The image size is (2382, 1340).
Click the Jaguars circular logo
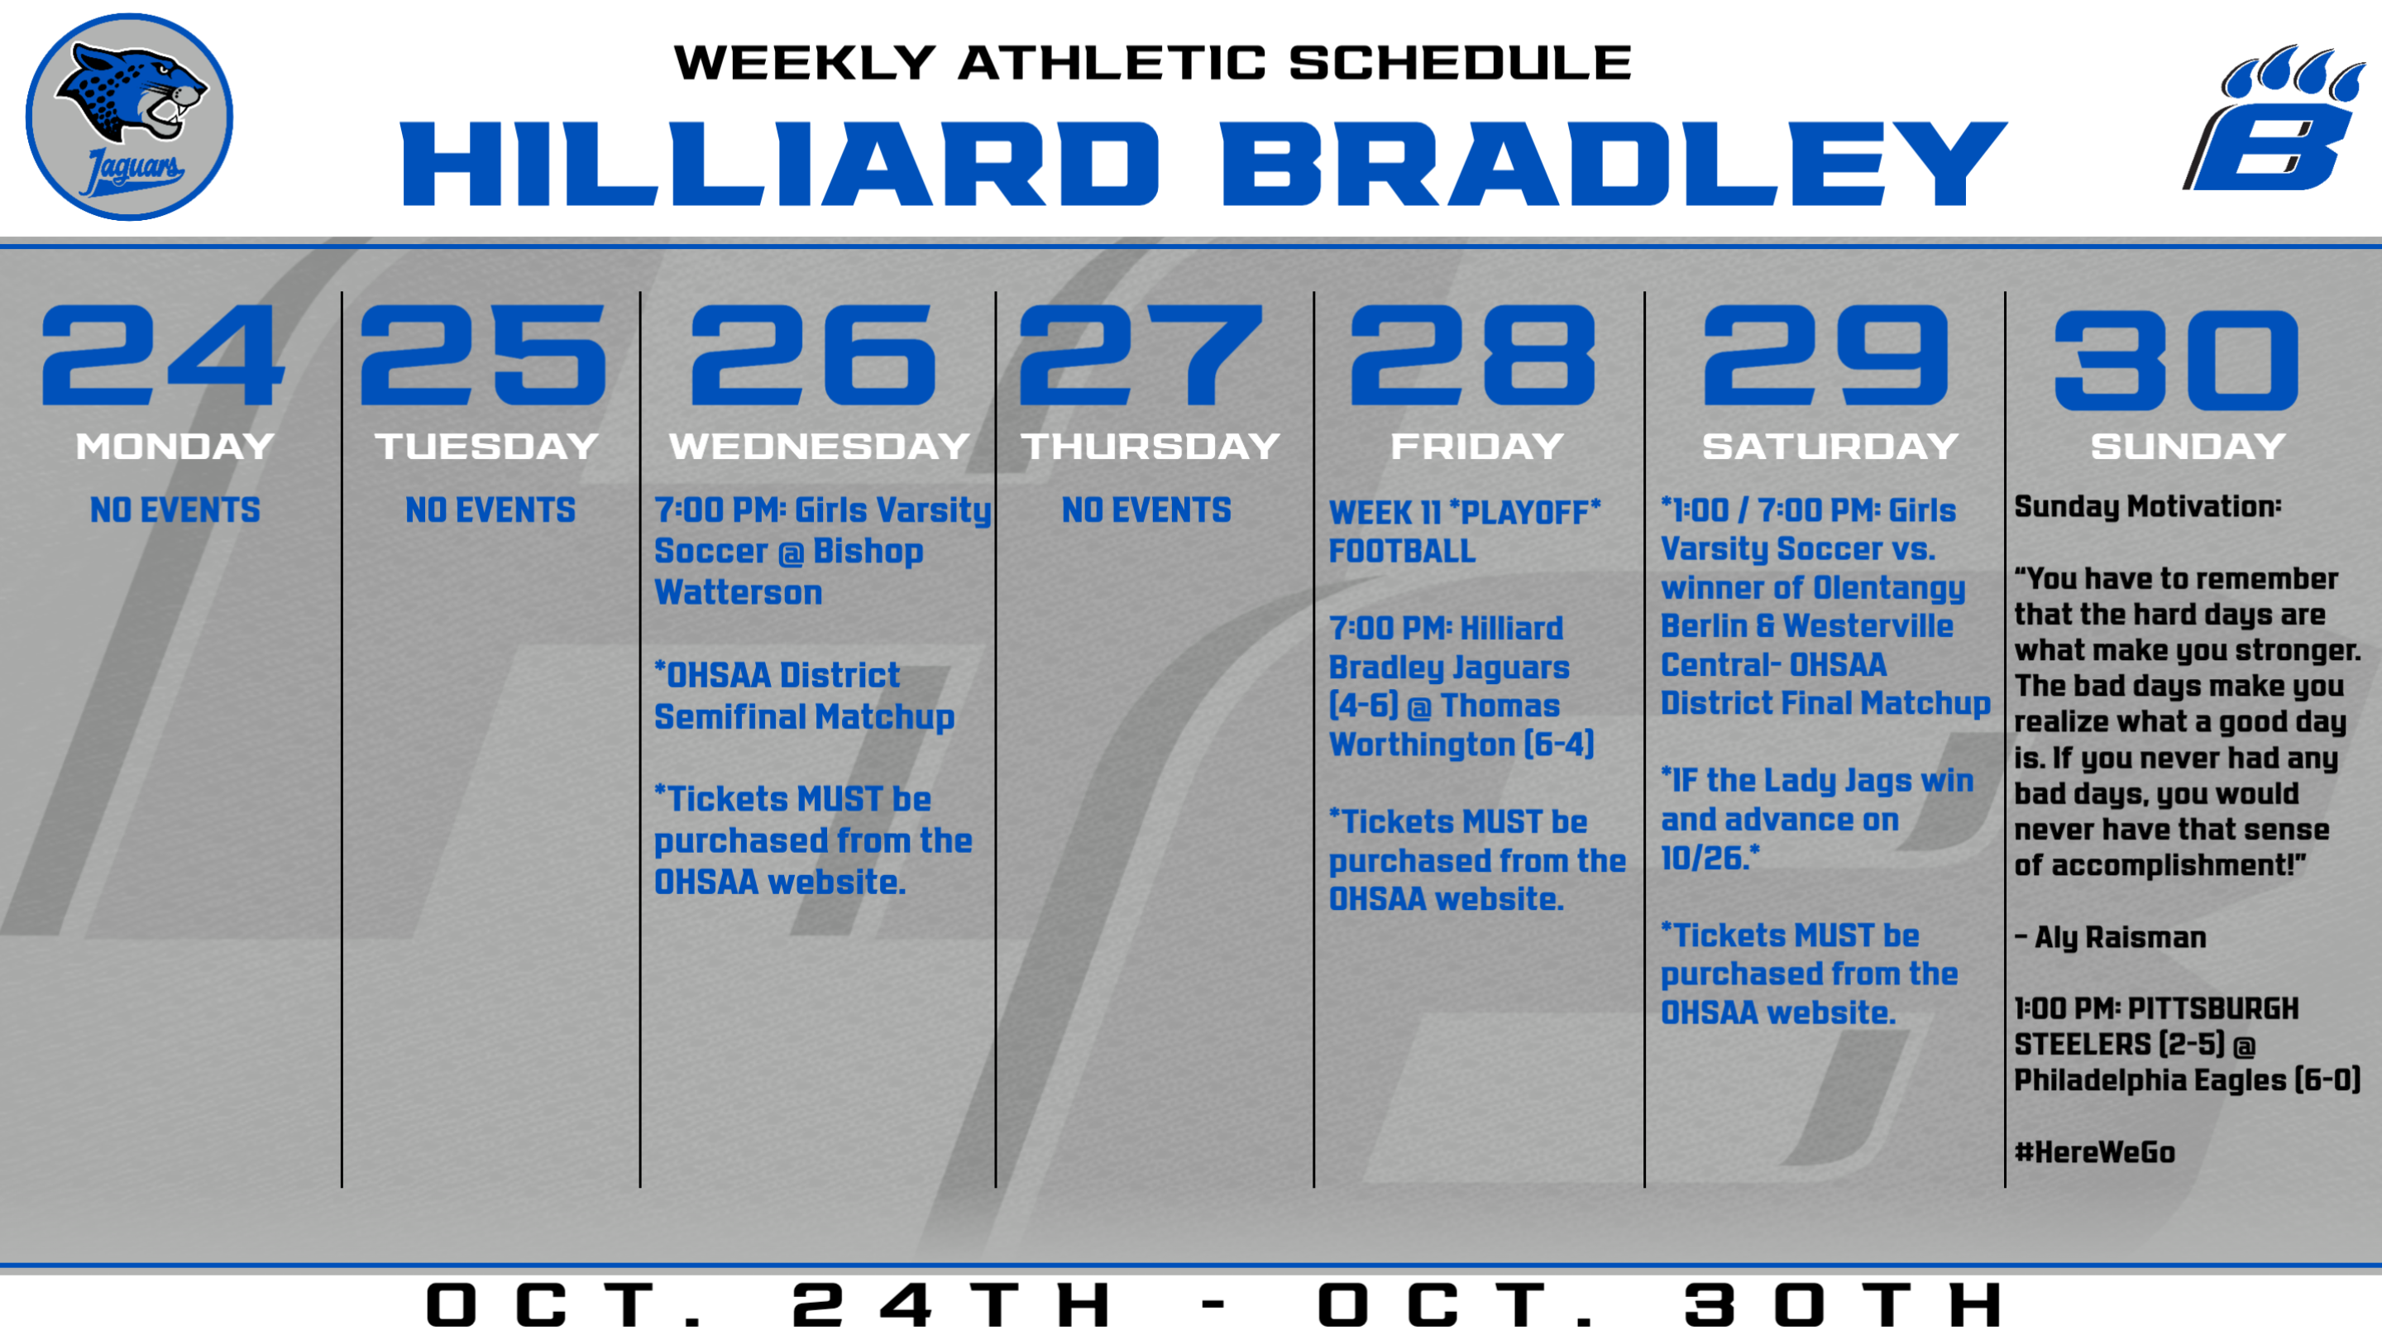click(130, 117)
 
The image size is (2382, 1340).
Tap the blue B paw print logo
click(2274, 118)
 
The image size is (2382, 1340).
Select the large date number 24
click(163, 355)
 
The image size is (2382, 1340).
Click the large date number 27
click(1141, 355)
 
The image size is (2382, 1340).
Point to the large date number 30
click(2176, 360)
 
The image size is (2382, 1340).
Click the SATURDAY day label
click(1830, 447)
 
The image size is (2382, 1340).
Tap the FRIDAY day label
click(1476, 447)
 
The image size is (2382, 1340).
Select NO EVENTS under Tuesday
click(490, 510)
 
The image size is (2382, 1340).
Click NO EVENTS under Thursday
click(1146, 510)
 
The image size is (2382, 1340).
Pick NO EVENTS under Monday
click(175, 510)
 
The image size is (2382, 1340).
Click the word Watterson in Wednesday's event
click(738, 592)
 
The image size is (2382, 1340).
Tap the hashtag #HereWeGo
click(2094, 1152)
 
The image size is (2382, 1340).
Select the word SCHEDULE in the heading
click(1460, 63)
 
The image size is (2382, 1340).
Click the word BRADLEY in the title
click(1613, 164)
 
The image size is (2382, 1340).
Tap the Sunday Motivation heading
click(2148, 506)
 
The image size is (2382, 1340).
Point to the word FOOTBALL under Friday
click(1402, 551)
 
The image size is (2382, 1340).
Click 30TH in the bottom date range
click(1844, 1305)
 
